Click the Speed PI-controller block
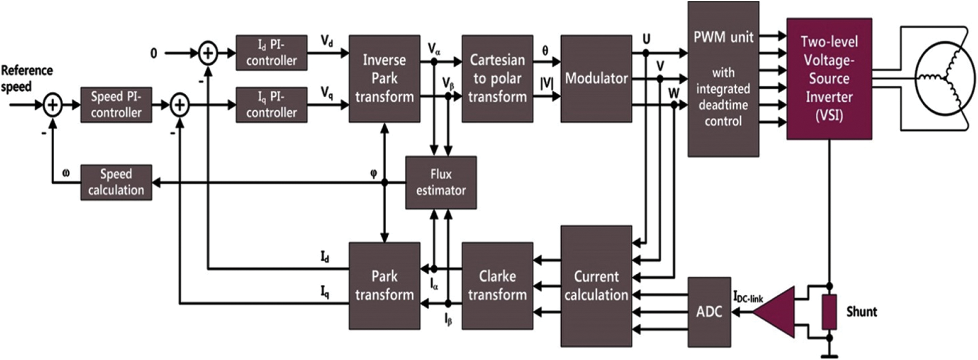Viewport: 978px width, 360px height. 116,105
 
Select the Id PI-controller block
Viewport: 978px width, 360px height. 271,53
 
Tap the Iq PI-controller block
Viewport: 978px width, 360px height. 271,105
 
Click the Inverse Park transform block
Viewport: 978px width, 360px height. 384,79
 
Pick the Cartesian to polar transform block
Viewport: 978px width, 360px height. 497,79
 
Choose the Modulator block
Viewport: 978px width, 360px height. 596,79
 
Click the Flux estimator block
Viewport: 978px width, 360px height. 441,183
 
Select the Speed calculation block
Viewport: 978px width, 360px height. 116,183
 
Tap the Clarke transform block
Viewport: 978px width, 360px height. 497,286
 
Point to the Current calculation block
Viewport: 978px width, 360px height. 596,286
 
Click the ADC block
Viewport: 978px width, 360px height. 709,312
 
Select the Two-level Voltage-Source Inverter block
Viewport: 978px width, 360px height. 829,79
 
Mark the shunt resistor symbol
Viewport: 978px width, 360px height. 829,312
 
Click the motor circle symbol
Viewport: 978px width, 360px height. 945,79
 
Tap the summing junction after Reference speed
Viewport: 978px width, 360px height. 53,105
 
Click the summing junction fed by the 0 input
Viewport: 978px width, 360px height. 208,53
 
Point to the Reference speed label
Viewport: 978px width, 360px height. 26,78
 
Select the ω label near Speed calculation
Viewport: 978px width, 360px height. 66,173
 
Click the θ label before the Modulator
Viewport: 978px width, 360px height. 545,51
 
